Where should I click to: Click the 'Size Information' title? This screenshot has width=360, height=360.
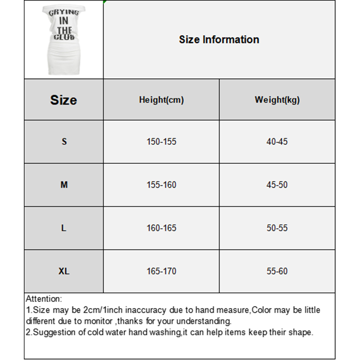[x=219, y=40]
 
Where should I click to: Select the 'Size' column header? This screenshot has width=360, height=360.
[x=63, y=100]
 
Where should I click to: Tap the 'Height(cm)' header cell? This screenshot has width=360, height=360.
[x=161, y=100]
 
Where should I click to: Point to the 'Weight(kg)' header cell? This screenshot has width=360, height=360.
[x=277, y=100]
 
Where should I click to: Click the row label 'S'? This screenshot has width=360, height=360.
[x=64, y=142]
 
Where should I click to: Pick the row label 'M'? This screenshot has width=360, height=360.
[x=64, y=185]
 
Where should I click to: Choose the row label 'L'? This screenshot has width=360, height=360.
[x=64, y=228]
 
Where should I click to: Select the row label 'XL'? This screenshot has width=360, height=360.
[x=64, y=271]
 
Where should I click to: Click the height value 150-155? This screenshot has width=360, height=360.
[x=161, y=142]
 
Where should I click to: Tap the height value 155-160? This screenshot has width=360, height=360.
[x=161, y=185]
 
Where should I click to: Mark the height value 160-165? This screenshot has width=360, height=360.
[x=161, y=228]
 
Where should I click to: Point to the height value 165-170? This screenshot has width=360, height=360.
[x=161, y=271]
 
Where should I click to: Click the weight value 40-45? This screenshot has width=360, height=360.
[x=277, y=142]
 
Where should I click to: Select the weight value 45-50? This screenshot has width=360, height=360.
[x=277, y=185]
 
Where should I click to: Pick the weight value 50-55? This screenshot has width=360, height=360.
[x=277, y=228]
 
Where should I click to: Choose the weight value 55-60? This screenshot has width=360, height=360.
[x=277, y=271]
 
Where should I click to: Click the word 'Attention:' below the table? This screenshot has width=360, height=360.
[x=44, y=299]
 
